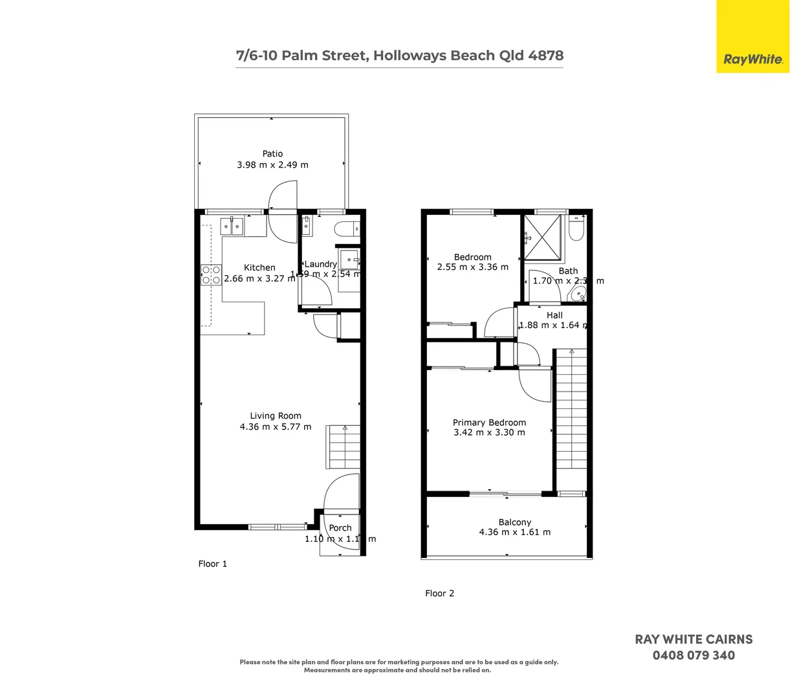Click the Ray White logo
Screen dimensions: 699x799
coord(752,59)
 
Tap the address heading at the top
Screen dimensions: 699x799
coord(399,56)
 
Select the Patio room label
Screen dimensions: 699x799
coord(272,154)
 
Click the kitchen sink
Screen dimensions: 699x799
coord(232,226)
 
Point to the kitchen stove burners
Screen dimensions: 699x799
coord(211,275)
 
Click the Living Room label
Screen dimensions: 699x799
coord(276,416)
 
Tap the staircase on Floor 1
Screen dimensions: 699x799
coord(344,447)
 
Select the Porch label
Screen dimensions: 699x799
coord(340,528)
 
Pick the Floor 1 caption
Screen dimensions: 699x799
coord(212,564)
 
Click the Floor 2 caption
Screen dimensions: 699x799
coord(439,594)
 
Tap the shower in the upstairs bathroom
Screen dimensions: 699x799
coord(542,236)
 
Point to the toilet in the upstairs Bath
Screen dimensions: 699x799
coord(576,229)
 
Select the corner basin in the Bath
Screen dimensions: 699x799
coord(578,294)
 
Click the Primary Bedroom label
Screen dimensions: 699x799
coord(489,423)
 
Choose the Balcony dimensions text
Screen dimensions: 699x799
coord(514,533)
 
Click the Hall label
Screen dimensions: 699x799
coord(554,315)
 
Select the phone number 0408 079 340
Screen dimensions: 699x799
coord(694,656)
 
